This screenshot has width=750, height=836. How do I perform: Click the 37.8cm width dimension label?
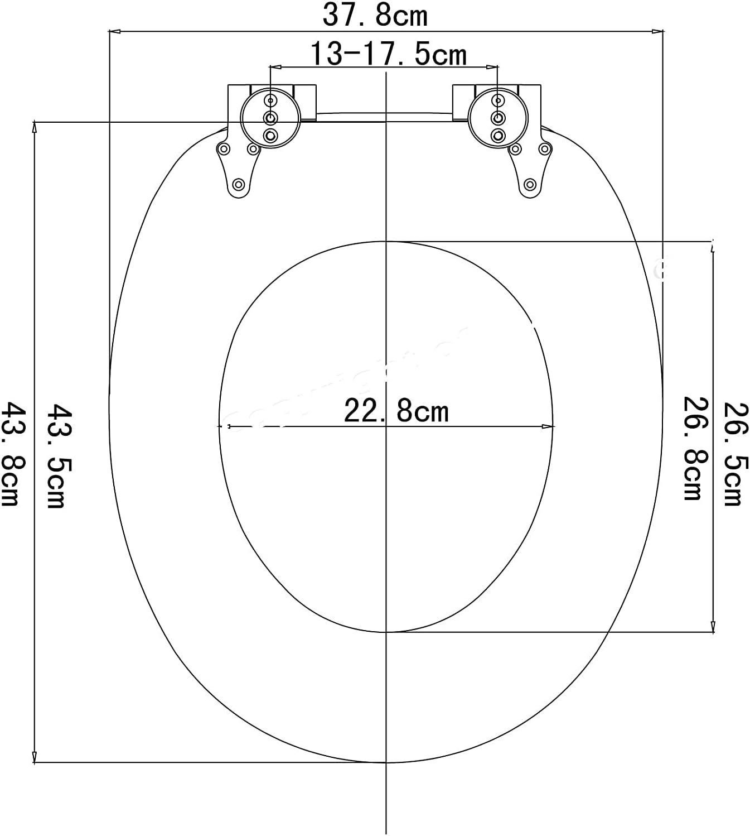(x=375, y=15)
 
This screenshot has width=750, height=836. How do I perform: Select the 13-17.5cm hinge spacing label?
(x=388, y=54)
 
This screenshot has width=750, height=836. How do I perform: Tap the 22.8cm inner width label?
(x=396, y=411)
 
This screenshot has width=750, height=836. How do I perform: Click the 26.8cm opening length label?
(x=696, y=448)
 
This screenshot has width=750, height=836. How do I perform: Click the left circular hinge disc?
(x=270, y=118)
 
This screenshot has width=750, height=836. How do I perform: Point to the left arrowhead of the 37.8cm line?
(x=113, y=32)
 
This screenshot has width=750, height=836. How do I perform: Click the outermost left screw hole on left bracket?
(x=224, y=149)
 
